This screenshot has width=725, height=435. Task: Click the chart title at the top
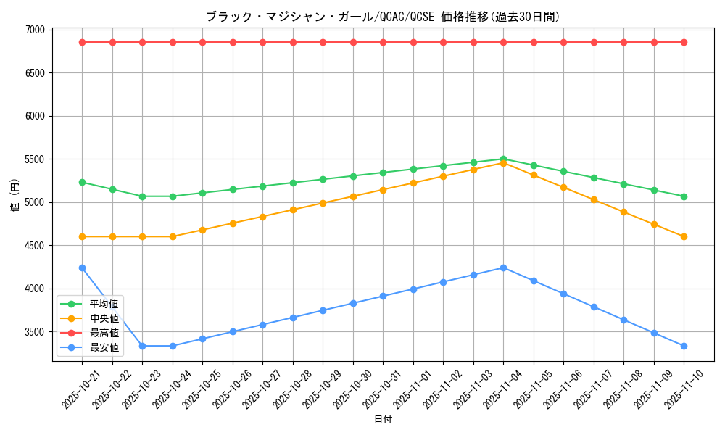coord(383,17)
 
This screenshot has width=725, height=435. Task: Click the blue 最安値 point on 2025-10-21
coord(82,268)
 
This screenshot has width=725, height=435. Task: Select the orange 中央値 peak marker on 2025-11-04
coord(503,163)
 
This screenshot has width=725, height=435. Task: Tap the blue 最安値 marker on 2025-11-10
coord(684,346)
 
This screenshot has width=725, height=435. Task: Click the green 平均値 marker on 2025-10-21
coord(82,182)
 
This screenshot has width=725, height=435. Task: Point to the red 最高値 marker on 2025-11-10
coord(684,42)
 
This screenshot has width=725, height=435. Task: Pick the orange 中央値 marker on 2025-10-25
coord(202,230)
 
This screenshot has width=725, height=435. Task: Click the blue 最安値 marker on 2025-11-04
coord(503,268)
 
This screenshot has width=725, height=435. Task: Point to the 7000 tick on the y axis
coord(35,30)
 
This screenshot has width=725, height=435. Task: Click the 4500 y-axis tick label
coord(35,246)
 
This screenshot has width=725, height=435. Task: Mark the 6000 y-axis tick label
coord(35,116)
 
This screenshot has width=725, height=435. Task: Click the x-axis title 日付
coord(383,420)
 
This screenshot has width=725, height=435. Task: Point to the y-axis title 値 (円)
coord(15,196)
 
